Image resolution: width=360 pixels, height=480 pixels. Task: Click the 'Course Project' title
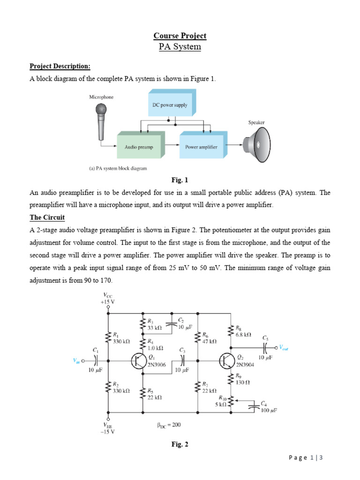click(x=180, y=36)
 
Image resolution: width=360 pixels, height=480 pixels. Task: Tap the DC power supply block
click(x=170, y=105)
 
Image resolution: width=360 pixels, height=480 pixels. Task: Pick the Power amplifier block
click(x=201, y=147)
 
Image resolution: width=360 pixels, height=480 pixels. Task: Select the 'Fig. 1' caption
click(x=180, y=180)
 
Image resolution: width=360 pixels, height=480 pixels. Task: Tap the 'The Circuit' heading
click(x=47, y=217)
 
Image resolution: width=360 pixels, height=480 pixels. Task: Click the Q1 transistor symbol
click(x=138, y=361)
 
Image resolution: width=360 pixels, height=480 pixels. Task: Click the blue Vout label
click(x=285, y=347)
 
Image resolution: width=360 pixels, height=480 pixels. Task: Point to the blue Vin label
click(x=76, y=360)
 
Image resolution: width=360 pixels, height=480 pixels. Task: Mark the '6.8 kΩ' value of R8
click(x=243, y=335)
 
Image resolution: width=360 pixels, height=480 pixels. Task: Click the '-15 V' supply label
click(x=108, y=432)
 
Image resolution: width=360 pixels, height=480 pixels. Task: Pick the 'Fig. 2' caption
click(x=180, y=445)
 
